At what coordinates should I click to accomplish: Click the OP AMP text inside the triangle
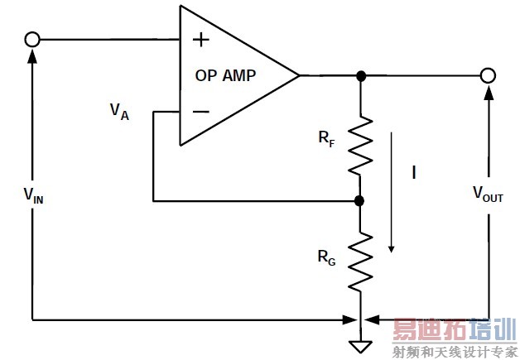pyautogui.click(x=225, y=75)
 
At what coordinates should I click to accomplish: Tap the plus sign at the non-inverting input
pyautogui.click(x=200, y=39)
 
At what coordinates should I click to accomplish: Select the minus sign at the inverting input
pyautogui.click(x=200, y=111)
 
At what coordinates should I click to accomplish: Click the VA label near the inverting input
pyautogui.click(x=119, y=111)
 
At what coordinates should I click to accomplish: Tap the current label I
pyautogui.click(x=412, y=173)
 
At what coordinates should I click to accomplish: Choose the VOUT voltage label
pyautogui.click(x=488, y=194)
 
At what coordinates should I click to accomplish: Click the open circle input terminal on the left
pyautogui.click(x=32, y=40)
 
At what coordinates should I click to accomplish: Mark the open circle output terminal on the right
pyautogui.click(x=489, y=75)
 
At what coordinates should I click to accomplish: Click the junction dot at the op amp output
pyautogui.click(x=360, y=75)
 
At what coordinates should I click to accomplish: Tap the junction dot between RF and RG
pyautogui.click(x=360, y=200)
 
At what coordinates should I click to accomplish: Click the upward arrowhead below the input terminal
pyautogui.click(x=32, y=55)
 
